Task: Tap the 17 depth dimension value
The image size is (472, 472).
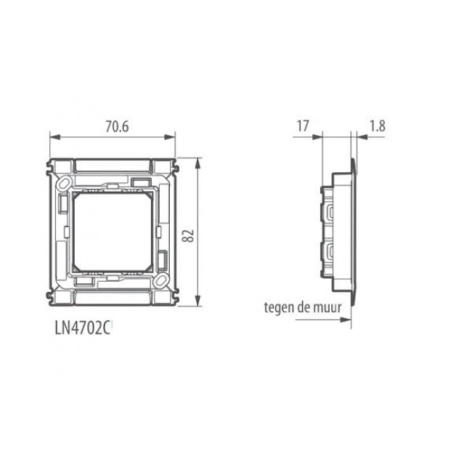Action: click(303, 126)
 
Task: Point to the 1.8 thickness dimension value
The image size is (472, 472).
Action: click(377, 126)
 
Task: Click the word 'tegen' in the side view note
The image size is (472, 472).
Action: click(280, 307)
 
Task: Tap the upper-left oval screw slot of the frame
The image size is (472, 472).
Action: click(63, 181)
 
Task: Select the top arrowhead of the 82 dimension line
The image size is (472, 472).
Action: click(197, 159)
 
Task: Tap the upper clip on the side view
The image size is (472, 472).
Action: click(330, 212)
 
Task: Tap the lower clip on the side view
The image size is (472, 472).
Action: click(330, 254)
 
